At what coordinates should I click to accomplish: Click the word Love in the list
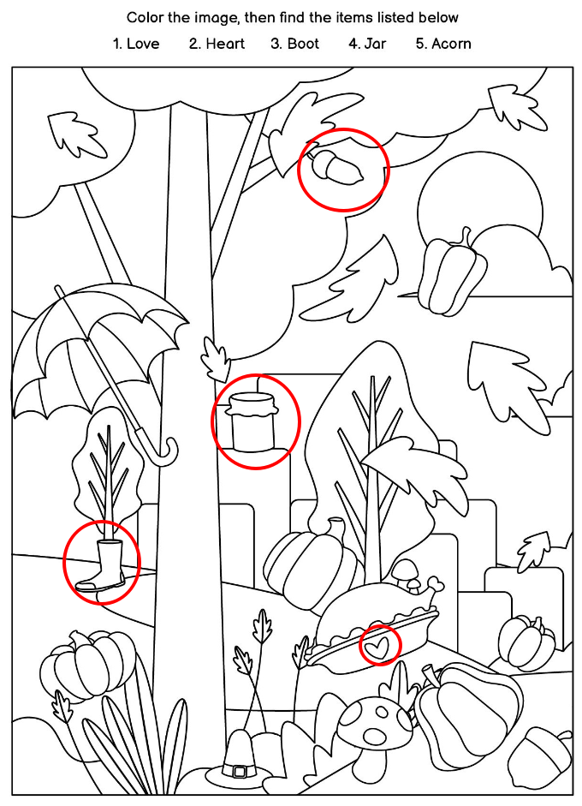143,44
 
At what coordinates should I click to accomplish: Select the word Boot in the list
303,44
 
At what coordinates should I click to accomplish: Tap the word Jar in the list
375,44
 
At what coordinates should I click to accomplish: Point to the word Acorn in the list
451,44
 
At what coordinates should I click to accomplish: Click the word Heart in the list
225,44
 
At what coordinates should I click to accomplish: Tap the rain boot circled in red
103,566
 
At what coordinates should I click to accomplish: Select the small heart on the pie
379,646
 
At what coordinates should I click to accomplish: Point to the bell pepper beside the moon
452,273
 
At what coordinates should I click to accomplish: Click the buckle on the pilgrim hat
240,771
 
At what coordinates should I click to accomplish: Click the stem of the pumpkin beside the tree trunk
336,529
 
